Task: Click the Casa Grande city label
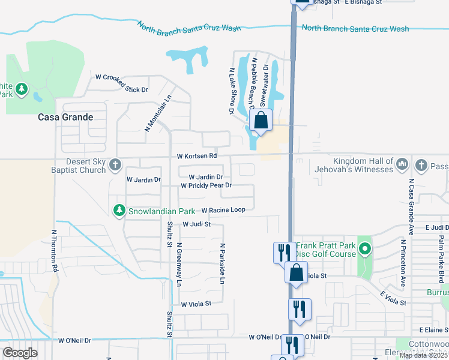tap(65, 117)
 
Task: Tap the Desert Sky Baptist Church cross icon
tap(115, 164)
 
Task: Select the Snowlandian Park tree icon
tap(119, 211)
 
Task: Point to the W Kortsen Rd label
tap(197, 157)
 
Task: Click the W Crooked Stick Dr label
tap(122, 83)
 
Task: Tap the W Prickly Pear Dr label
tap(206, 186)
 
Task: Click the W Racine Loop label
tap(223, 211)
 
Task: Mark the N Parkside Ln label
tap(221, 264)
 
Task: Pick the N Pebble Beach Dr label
tap(254, 83)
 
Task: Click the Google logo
tap(20, 352)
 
